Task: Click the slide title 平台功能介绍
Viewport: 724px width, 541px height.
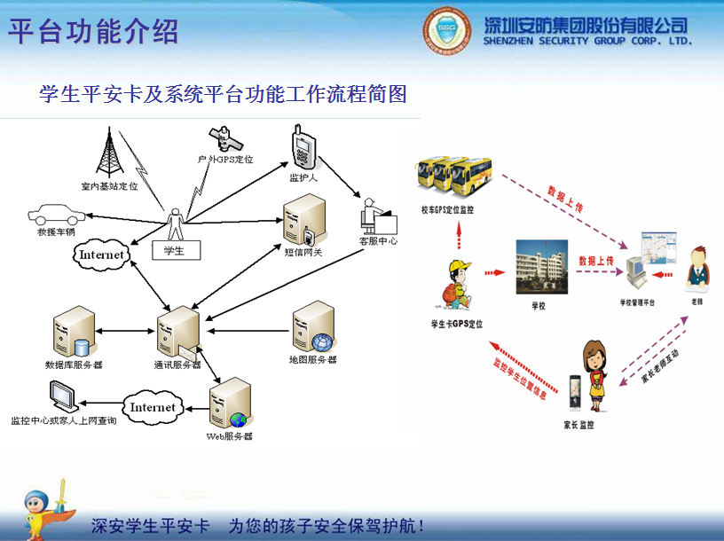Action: point(94,31)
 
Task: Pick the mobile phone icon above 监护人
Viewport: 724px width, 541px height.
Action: point(303,147)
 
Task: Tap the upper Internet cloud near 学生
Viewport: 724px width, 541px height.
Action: point(101,255)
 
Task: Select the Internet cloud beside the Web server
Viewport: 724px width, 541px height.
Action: point(153,407)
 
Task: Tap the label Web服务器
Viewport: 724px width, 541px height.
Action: point(230,436)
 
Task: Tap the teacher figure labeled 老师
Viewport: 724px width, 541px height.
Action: point(697,268)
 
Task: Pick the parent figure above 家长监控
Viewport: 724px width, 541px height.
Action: point(592,372)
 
